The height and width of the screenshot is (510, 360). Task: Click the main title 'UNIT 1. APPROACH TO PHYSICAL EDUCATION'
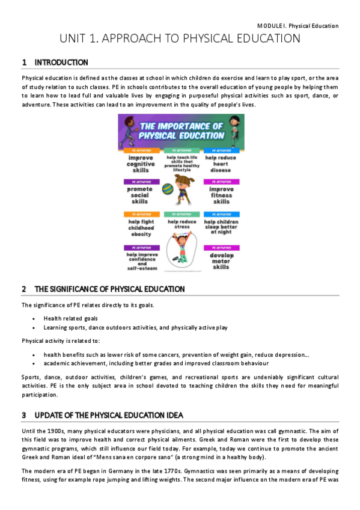tap(180, 39)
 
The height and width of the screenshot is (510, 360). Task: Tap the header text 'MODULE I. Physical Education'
tap(297, 26)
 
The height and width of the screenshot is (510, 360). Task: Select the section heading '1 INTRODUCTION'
tap(55, 63)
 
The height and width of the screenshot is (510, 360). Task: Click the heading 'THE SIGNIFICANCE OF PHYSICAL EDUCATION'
tap(103, 289)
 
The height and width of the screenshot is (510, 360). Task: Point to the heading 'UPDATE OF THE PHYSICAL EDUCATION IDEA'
tap(103, 415)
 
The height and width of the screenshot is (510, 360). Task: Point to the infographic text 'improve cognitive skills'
tap(141, 164)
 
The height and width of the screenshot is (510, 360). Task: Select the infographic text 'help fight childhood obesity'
tap(141, 228)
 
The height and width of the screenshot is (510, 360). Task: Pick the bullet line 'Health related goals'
tap(70, 318)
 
